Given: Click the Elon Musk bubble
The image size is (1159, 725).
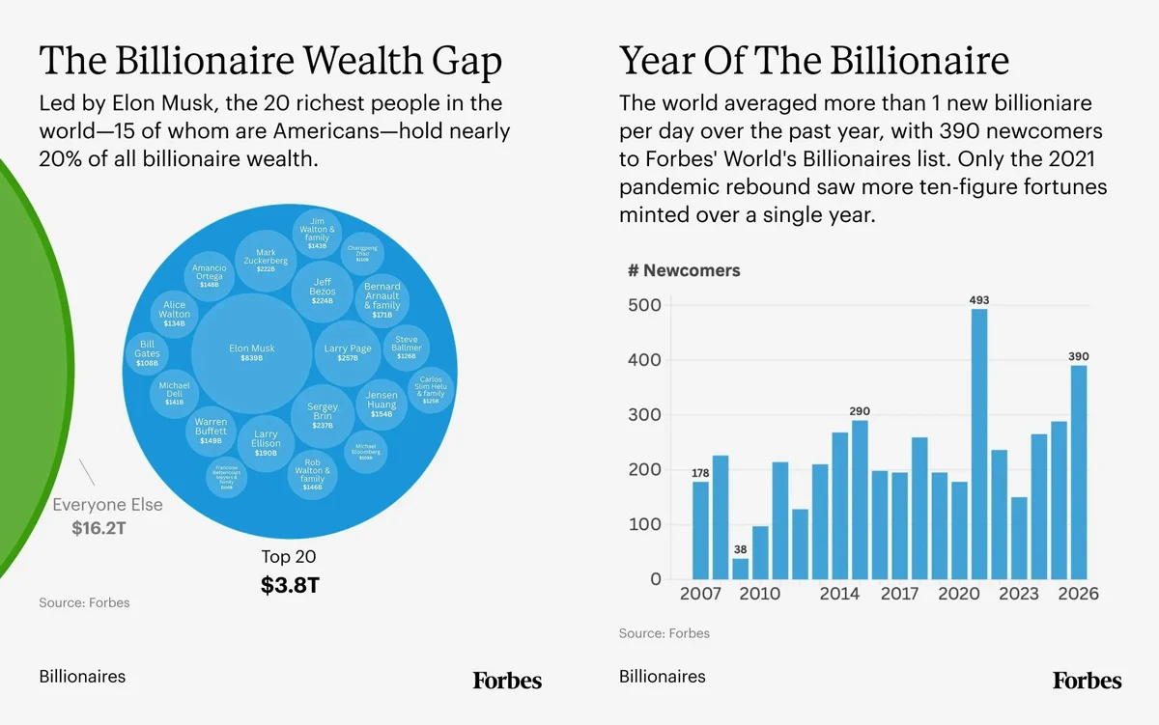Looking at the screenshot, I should coord(251,353).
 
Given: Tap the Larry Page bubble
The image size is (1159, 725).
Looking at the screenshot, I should coord(348,353).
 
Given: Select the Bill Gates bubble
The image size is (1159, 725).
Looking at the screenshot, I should coord(147,353).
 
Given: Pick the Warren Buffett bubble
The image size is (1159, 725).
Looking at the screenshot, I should coord(211,431).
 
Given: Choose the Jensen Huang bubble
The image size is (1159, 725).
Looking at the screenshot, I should coord(382,404).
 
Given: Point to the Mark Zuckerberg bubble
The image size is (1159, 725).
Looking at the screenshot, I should coord(266,261).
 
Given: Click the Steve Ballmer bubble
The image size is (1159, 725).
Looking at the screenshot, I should coord(406,348).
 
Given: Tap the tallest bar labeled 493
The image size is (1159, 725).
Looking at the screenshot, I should coord(979,444).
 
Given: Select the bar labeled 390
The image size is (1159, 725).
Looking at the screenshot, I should coord(1078,472).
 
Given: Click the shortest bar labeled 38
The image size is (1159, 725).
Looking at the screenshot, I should coord(741,569).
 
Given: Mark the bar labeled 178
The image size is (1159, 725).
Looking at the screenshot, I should coord(700,530).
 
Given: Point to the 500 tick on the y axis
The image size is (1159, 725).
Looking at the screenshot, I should coord(643,305).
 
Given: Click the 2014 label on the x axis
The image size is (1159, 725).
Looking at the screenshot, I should coord(839,594).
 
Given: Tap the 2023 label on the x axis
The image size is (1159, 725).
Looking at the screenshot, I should coord(1018,594).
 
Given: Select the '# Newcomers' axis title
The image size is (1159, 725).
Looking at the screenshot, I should coord(684,270).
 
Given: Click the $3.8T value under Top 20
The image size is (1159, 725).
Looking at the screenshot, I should coord(289,585).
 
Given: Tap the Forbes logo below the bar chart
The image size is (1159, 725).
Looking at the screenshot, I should coord(1088,681).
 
